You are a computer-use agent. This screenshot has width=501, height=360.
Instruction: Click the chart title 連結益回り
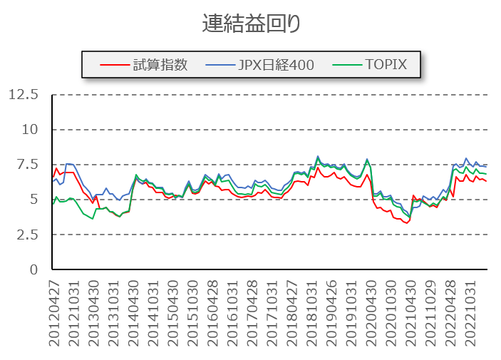[251, 23]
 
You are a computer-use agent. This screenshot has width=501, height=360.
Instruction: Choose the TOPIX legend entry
[386, 65]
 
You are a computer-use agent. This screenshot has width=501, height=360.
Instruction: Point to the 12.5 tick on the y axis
[24, 95]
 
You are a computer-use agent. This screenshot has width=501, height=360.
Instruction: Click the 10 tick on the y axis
[29, 130]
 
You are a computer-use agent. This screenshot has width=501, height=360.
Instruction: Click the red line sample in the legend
[112, 65]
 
